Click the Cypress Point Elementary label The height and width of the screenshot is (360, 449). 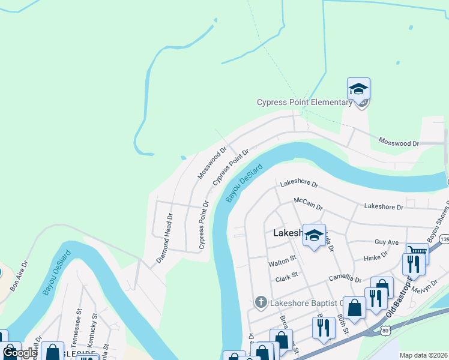(304, 102)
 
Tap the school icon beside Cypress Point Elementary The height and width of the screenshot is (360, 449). (358, 89)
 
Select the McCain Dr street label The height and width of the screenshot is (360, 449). (309, 203)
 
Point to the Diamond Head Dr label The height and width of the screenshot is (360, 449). (164, 238)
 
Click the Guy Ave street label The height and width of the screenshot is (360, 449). (387, 242)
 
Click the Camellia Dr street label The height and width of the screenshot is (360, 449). (345, 279)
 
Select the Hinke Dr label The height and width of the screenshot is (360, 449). (376, 258)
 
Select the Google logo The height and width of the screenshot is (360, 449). (20, 352)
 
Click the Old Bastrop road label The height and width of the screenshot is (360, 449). (399, 300)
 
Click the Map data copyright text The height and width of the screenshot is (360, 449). (424, 355)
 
